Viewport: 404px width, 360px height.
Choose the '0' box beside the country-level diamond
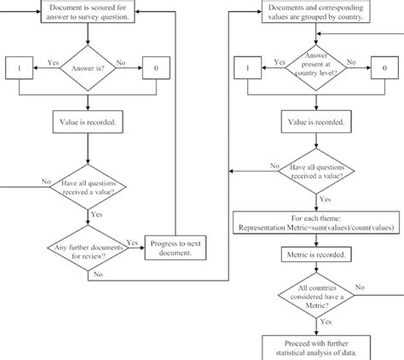(x=385, y=66)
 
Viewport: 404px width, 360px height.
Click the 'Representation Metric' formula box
(x=315, y=224)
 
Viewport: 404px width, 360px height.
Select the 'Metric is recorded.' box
(x=315, y=255)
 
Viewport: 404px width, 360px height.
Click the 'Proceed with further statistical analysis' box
(x=315, y=346)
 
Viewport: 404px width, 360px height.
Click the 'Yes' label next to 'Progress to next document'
(x=132, y=241)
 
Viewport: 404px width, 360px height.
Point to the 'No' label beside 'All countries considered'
(x=359, y=287)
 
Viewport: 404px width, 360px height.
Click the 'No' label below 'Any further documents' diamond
(x=100, y=275)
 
